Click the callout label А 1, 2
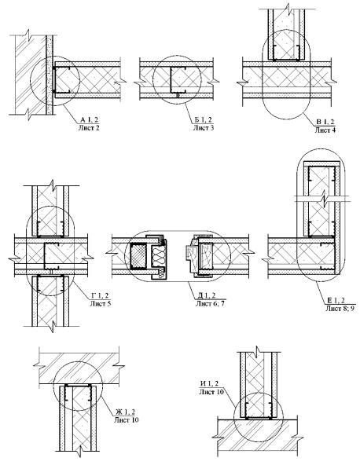click(x=89, y=120)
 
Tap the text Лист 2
click(x=89, y=128)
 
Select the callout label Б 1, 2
click(x=204, y=120)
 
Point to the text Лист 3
click(x=204, y=128)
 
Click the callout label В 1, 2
click(x=325, y=122)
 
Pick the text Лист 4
click(x=325, y=130)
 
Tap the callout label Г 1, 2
click(x=100, y=295)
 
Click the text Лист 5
click(x=101, y=303)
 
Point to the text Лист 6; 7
click(x=210, y=303)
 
